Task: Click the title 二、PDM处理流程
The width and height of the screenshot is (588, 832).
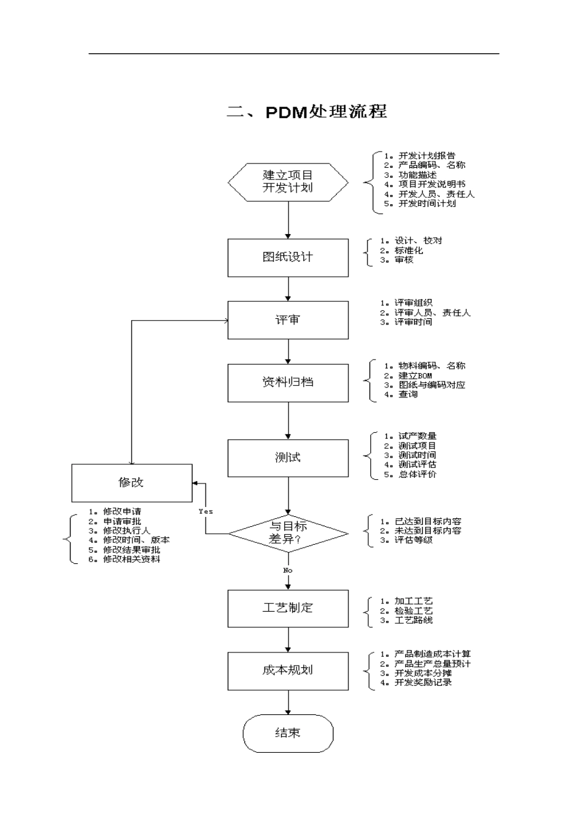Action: (307, 111)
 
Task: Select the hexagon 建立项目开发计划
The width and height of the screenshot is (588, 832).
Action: (288, 183)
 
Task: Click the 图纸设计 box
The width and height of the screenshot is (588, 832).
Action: (288, 258)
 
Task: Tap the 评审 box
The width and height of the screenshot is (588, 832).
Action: (288, 320)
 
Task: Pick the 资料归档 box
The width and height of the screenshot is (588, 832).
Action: (288, 383)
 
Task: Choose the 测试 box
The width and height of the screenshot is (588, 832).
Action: (288, 458)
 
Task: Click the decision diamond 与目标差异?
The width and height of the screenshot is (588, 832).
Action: (288, 534)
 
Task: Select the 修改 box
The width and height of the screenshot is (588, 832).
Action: (132, 483)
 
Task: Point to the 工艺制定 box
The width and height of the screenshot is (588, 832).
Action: (288, 609)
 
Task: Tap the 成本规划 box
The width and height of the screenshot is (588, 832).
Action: (288, 672)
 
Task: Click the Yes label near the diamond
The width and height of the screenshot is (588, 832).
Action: (205, 511)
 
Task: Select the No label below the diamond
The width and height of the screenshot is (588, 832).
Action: (288, 570)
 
